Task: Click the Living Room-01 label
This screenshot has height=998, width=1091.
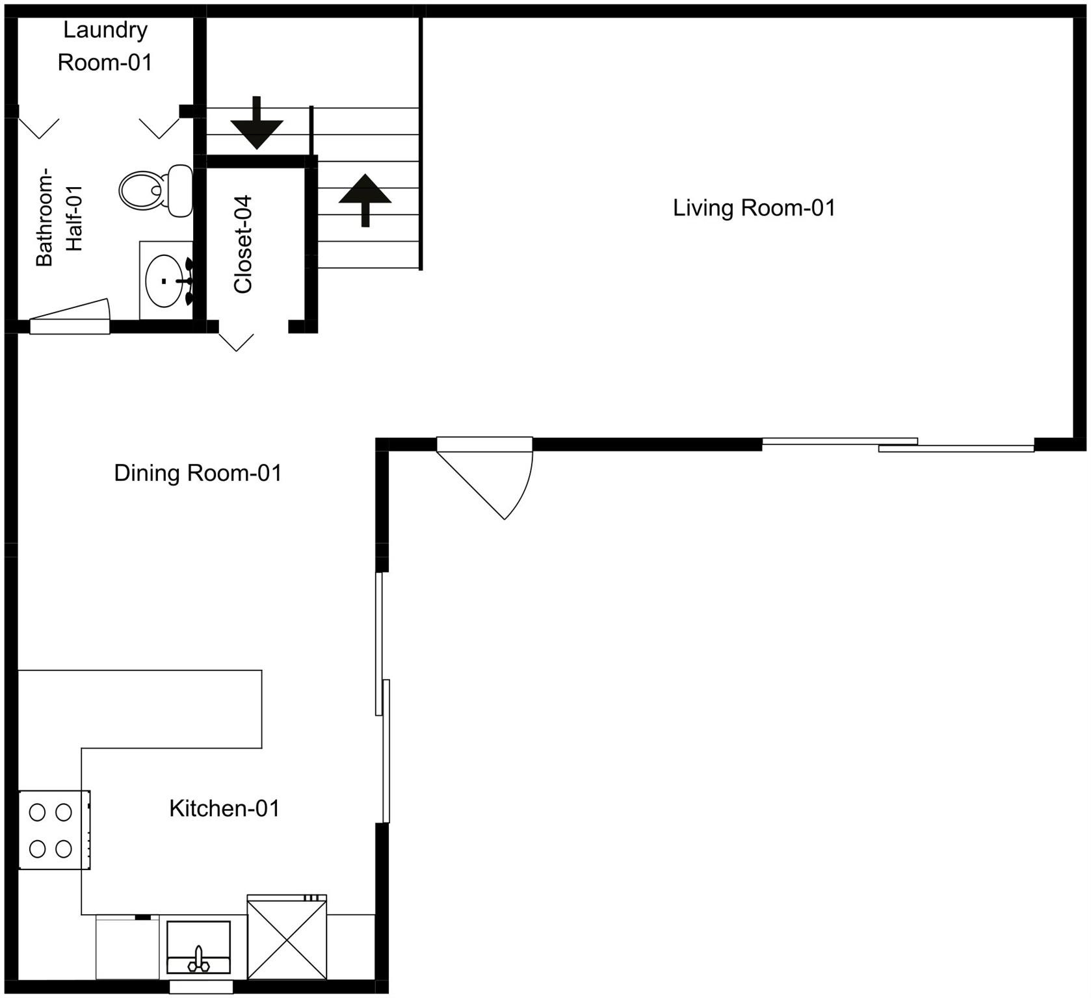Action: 754,208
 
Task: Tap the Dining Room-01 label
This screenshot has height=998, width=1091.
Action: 198,473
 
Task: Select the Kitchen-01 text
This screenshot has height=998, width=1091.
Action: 224,808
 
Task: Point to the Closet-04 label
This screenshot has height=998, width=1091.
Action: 243,244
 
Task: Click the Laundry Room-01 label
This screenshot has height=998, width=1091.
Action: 105,46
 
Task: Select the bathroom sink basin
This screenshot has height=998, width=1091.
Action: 164,281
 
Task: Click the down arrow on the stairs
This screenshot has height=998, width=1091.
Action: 257,125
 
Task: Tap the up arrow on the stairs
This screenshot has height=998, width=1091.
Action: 365,198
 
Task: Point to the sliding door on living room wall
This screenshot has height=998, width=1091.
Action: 897,445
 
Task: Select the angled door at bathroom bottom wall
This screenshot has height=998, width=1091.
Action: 70,318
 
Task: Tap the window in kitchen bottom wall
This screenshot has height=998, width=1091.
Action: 201,987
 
